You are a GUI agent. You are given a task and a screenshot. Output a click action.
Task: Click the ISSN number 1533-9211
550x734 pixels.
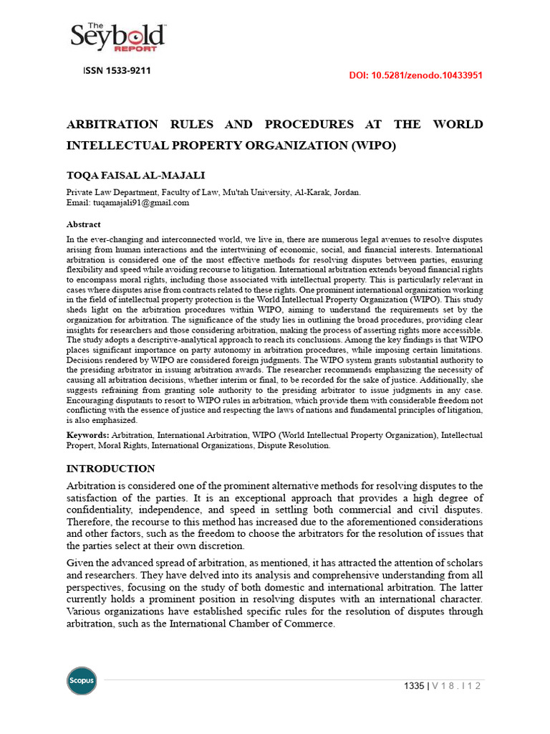click(x=116, y=71)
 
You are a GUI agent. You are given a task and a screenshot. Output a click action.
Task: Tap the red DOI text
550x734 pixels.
click(x=415, y=75)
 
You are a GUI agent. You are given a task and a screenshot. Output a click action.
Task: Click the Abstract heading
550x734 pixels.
click(x=83, y=224)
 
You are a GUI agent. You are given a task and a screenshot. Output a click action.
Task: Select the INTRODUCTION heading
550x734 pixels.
click(x=110, y=469)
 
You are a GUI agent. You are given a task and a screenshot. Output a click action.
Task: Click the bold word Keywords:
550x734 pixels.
click(x=87, y=435)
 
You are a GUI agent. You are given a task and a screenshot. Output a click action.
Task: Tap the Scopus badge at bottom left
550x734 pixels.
click(x=82, y=680)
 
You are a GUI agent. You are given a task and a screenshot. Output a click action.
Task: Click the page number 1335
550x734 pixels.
click(x=415, y=686)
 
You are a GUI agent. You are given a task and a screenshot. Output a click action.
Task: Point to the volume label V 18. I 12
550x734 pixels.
click(x=455, y=686)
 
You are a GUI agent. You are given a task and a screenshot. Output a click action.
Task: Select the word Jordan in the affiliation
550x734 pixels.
click(x=347, y=193)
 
